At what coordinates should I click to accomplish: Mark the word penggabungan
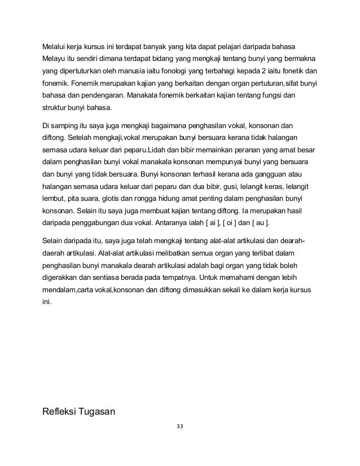tap(98, 223)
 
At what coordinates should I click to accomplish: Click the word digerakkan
tap(63, 278)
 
